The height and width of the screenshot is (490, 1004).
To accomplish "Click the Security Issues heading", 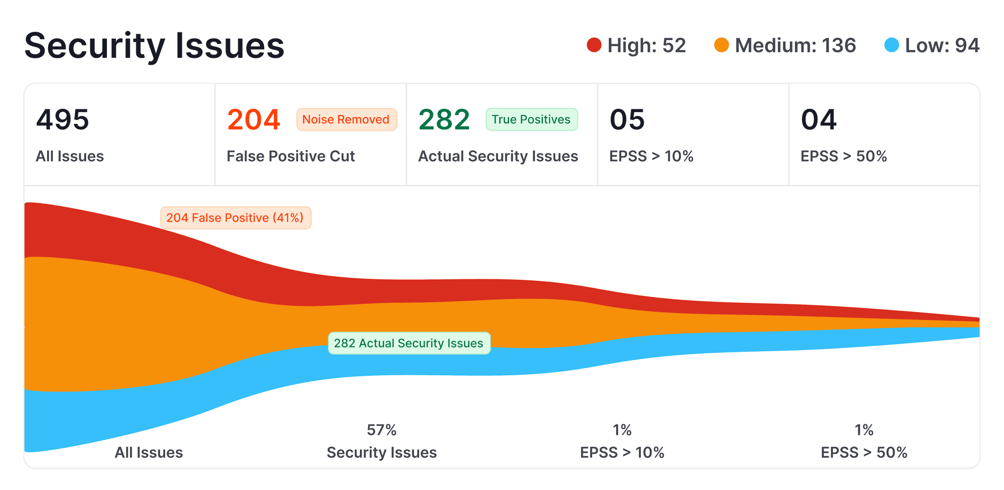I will [x=154, y=46].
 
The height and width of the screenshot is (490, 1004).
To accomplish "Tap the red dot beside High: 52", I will [x=594, y=45].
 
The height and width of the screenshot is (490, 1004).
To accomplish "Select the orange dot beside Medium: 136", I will [x=722, y=45].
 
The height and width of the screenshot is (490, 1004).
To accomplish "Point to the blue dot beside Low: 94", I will [x=892, y=45].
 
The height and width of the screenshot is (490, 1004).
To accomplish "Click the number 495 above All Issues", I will [x=63, y=120].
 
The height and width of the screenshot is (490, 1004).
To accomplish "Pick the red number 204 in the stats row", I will [x=254, y=120].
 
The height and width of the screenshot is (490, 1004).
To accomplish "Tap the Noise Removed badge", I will [x=346, y=120].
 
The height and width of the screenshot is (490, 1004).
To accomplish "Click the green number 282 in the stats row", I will [x=445, y=120].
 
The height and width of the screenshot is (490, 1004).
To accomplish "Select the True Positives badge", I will [x=531, y=120].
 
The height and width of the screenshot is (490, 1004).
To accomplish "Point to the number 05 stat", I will [x=627, y=120].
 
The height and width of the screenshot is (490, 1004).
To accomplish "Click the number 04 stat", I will [x=819, y=120].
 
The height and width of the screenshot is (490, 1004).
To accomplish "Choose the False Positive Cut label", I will [x=291, y=156].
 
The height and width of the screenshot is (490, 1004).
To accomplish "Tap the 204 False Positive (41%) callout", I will [x=235, y=218].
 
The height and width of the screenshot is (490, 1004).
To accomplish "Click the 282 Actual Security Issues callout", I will [x=409, y=343].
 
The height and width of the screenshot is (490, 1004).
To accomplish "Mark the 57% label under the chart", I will [x=381, y=430].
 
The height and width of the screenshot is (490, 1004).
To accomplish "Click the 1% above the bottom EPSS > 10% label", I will [x=622, y=430].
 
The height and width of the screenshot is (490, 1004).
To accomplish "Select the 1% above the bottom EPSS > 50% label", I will [x=864, y=430].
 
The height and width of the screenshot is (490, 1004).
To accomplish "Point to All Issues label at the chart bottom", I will [x=149, y=452].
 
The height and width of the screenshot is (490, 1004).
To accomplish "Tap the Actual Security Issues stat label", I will [x=498, y=156].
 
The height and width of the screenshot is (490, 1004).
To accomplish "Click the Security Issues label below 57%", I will [x=381, y=452].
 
